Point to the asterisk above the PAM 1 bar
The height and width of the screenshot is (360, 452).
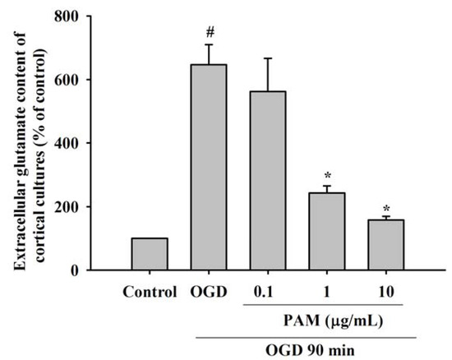327,176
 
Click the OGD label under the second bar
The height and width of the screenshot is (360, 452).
209,291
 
